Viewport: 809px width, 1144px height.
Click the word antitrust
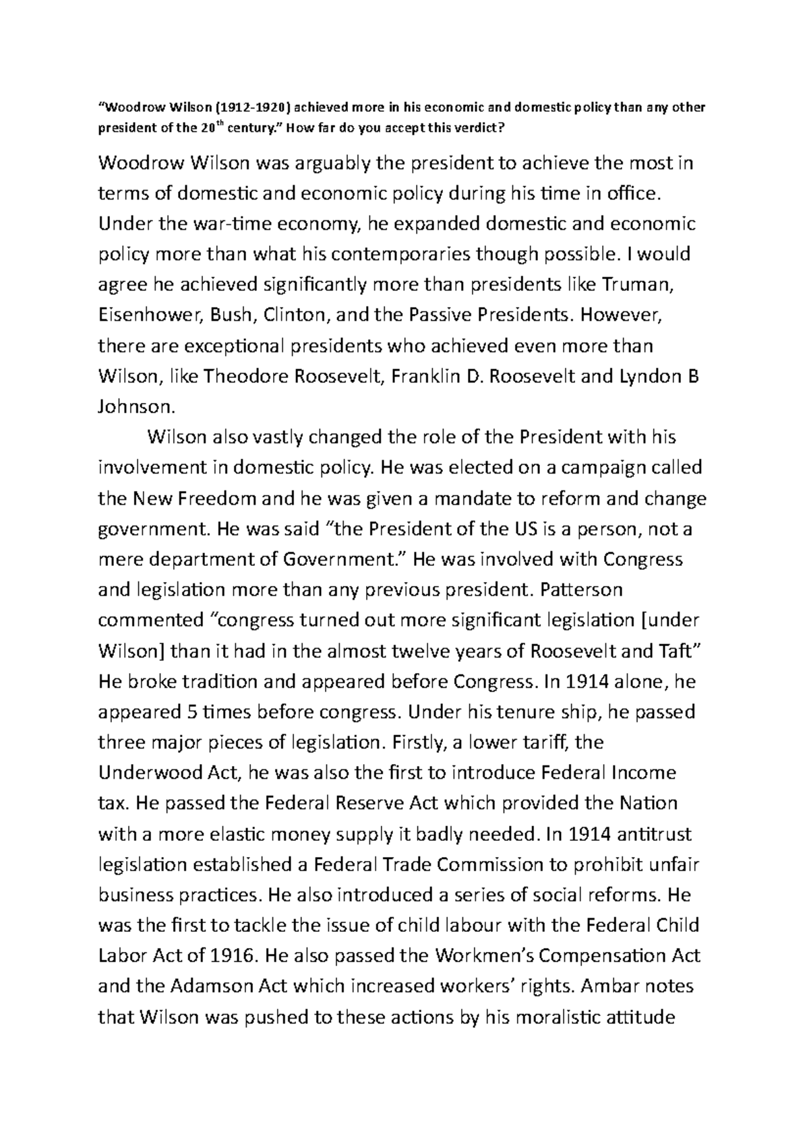click(652, 834)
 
